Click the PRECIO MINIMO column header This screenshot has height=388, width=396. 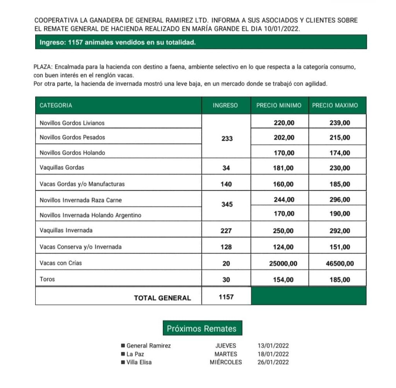[279, 105]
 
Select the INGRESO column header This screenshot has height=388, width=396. [225, 105]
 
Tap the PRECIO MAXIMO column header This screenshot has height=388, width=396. [335, 105]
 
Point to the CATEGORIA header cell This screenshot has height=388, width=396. [56, 105]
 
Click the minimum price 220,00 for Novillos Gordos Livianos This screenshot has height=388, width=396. [284, 123]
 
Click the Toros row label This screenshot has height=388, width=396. [47, 279]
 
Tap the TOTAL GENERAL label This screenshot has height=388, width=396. [162, 298]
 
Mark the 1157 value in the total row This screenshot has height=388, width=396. [226, 297]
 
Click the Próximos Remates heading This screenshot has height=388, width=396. [201, 329]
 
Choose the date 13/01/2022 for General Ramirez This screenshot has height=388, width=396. [273, 346]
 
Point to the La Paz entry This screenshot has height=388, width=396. [134, 354]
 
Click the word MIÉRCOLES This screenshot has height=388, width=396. [226, 362]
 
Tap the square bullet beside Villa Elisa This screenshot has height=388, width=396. [123, 362]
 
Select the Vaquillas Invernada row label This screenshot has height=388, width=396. [66, 230]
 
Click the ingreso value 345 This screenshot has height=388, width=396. [227, 204]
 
